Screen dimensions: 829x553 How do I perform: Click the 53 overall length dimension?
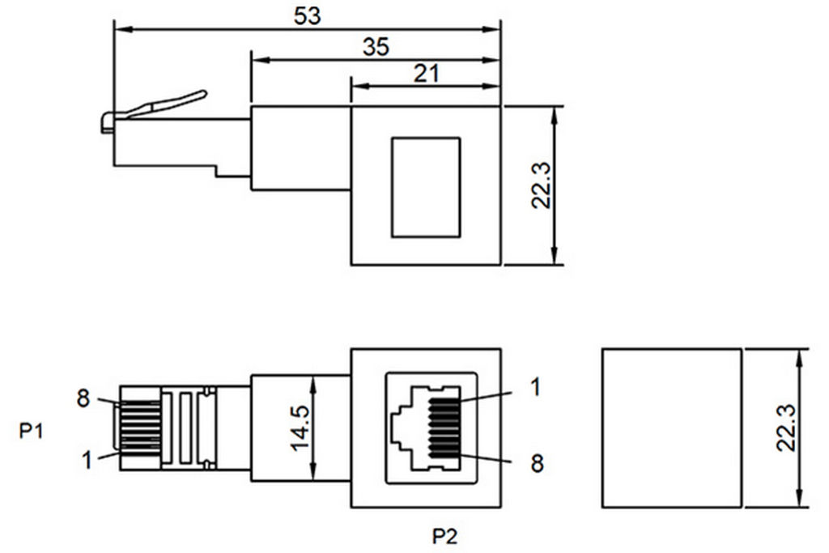pos(307,15)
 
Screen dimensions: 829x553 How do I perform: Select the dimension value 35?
pos(376,47)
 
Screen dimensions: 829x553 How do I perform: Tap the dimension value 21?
pos(426,74)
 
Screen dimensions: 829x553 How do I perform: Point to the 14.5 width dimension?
pos(300,428)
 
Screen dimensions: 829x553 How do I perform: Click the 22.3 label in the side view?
pos(542,185)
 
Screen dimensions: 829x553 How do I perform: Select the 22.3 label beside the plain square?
pos(786,428)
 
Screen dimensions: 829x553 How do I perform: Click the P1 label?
pos(32,431)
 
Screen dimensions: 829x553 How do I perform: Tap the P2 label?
pos(444,536)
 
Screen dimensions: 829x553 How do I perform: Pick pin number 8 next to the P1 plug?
pos(83,398)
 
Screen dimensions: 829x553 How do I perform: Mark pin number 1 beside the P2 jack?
pos(536,387)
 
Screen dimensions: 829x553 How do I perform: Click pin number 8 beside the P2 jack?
pos(537,464)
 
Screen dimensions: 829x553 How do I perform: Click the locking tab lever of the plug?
pos(159,108)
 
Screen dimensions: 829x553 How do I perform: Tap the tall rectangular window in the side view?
pos(426,187)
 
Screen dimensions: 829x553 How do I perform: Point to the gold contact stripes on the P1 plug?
pos(141,428)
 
